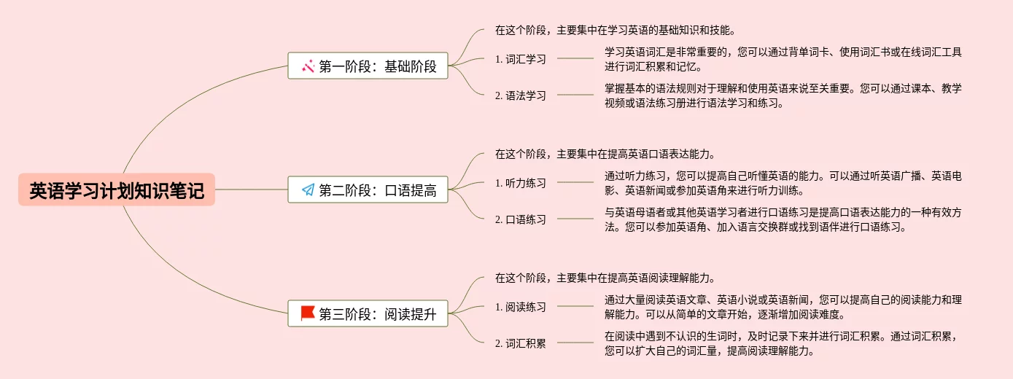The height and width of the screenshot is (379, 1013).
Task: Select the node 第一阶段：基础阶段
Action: tap(368, 66)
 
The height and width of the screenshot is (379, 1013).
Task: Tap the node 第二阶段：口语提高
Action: tap(368, 190)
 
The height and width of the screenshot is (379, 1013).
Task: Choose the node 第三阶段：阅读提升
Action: tap(368, 314)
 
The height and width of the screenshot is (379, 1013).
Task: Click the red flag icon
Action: tap(308, 313)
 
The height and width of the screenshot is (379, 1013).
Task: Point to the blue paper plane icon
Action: tap(308, 190)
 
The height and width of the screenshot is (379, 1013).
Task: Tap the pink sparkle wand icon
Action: tap(308, 66)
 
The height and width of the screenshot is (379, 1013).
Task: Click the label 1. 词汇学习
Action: tap(520, 59)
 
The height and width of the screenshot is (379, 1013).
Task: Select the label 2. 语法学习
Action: tap(520, 95)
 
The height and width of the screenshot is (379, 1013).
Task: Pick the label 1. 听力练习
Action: tap(520, 183)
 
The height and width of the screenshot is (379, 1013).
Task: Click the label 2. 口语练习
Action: tap(520, 219)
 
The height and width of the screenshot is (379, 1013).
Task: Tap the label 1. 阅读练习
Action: tap(520, 307)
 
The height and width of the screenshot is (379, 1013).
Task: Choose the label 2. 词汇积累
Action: tap(520, 343)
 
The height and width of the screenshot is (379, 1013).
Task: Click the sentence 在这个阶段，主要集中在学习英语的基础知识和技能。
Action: tap(614, 31)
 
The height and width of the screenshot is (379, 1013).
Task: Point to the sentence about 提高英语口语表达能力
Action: tap(604, 155)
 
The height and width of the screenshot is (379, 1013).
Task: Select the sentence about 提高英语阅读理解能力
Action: tap(604, 278)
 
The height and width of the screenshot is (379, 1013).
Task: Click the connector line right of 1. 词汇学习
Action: tap(575, 58)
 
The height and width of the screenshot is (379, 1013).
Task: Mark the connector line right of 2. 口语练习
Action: tap(575, 219)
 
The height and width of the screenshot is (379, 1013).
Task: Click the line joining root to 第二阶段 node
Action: tap(251, 189)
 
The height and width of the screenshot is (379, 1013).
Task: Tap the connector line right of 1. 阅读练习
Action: tap(575, 306)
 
